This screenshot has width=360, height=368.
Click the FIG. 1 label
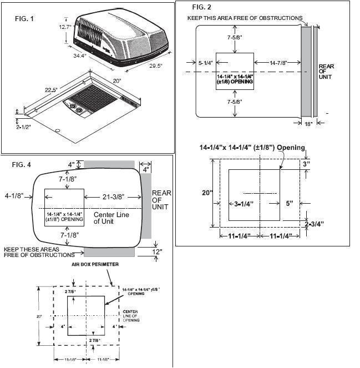[x=24, y=19]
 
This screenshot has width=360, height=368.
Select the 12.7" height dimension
[x=65, y=26]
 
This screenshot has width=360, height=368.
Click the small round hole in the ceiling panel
[x=58, y=131]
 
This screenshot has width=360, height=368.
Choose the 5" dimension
[x=291, y=203]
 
